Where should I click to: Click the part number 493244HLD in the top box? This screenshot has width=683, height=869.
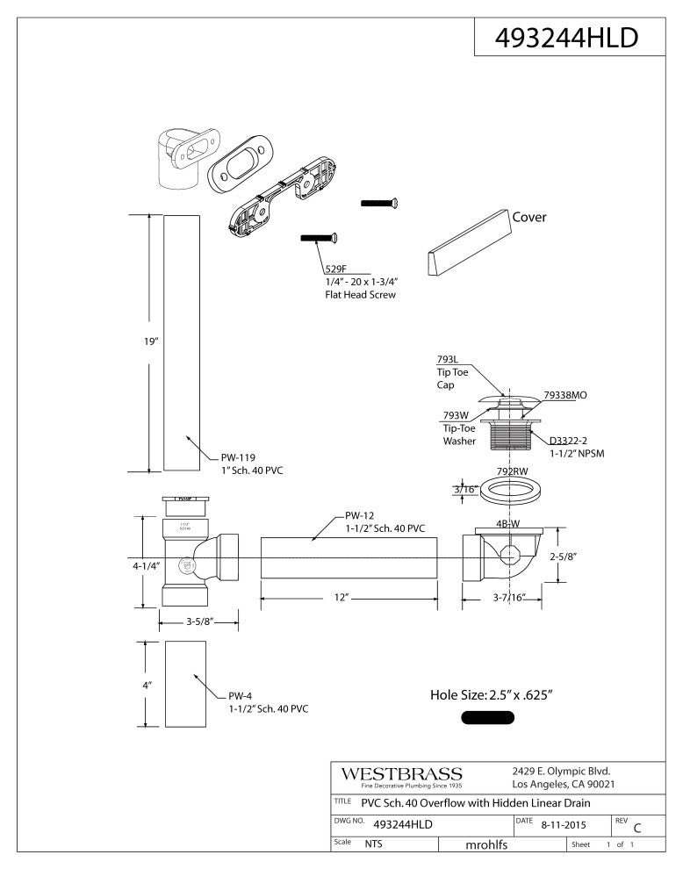click(566, 39)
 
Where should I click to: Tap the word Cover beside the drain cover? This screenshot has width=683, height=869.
click(529, 218)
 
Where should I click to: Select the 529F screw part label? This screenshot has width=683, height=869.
click(336, 269)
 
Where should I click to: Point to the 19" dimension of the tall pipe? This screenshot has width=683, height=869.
click(150, 342)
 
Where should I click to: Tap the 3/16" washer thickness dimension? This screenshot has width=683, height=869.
click(464, 489)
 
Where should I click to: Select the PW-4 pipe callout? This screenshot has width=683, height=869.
click(242, 695)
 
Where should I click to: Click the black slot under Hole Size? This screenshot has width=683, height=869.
click(488, 718)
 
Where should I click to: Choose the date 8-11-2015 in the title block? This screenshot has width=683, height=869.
click(562, 825)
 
